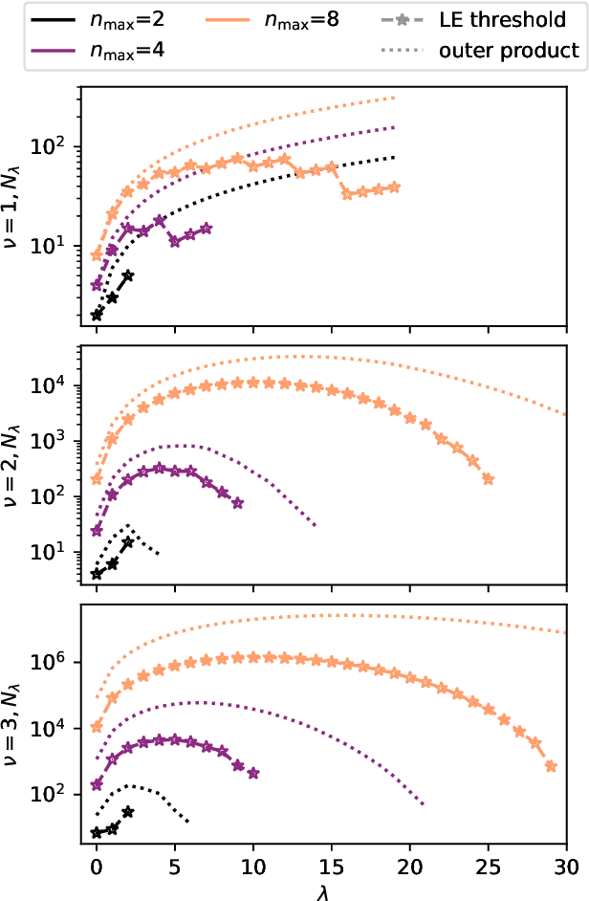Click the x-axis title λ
click(x=331, y=890)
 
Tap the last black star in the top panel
click(x=128, y=275)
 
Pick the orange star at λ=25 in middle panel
click(x=489, y=479)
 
